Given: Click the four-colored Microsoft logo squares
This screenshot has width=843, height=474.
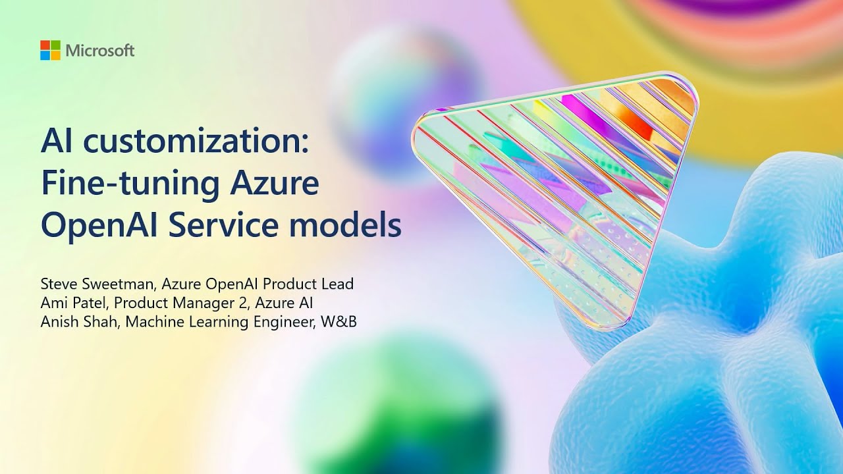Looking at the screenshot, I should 50,51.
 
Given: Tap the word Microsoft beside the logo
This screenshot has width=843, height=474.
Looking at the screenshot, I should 100,51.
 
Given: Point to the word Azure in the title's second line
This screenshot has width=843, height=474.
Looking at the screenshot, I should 274,184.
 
